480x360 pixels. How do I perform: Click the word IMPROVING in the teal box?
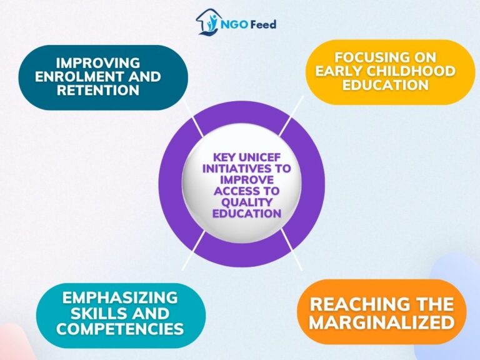[97, 63]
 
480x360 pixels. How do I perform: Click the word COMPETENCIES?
[120, 328]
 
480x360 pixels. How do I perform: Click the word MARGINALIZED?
[381, 322]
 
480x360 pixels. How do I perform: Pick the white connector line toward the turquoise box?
[191, 251]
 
